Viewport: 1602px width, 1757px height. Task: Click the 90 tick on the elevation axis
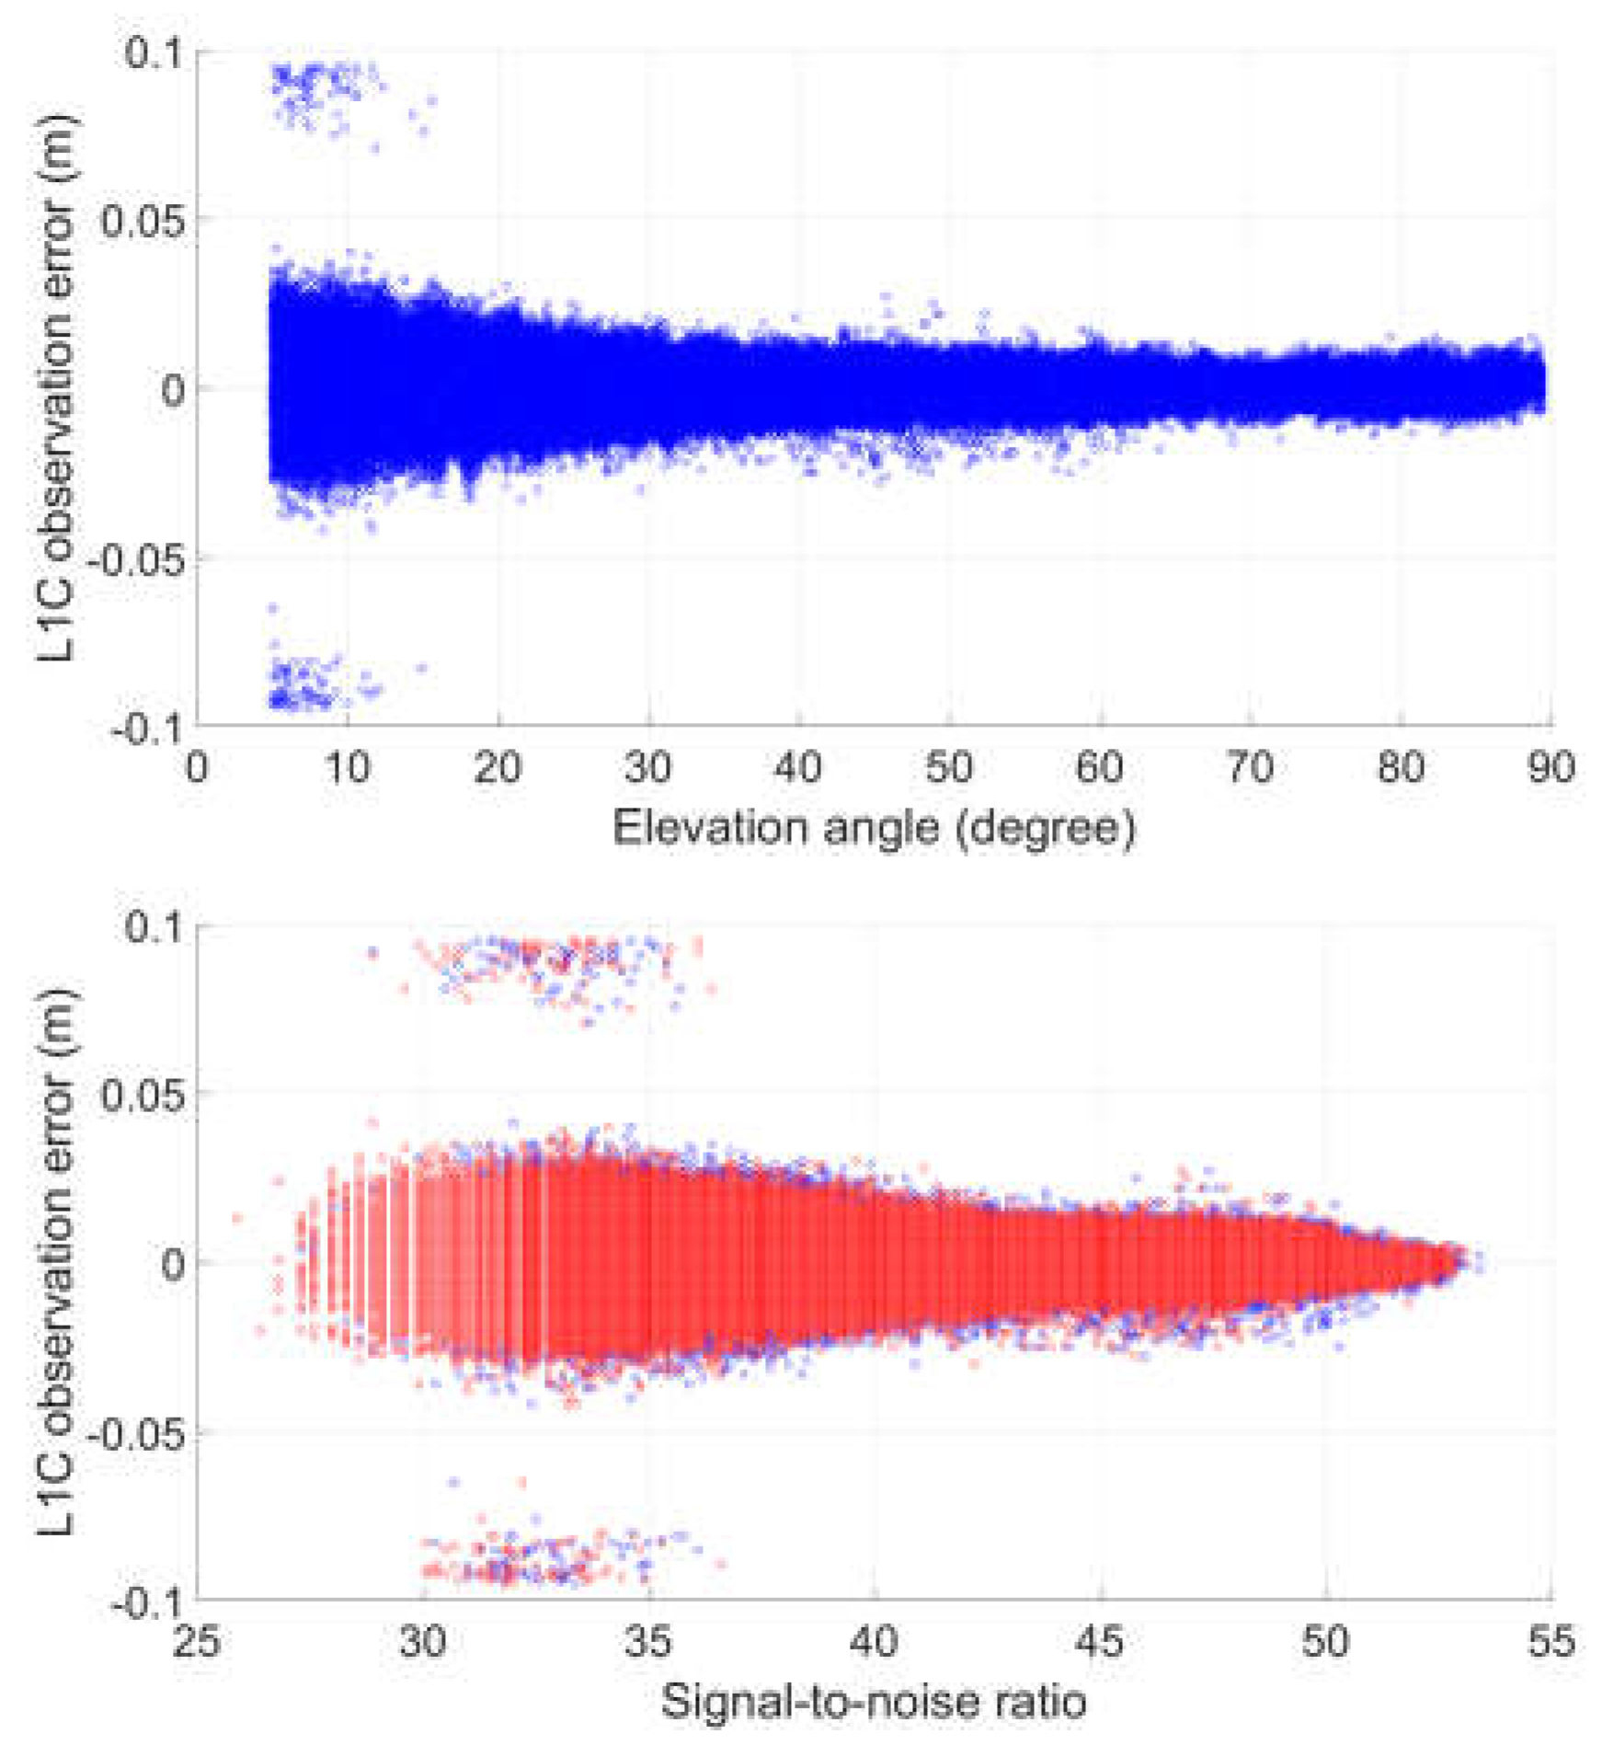(1551, 767)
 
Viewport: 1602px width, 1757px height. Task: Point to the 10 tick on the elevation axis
(347, 767)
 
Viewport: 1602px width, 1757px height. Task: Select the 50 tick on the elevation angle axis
(949, 767)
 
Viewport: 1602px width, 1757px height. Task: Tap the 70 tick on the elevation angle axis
(1250, 767)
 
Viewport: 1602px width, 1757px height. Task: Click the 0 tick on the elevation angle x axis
(197, 767)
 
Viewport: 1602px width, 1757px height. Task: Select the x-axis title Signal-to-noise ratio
(873, 1701)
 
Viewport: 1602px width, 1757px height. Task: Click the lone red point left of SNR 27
(237, 1218)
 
